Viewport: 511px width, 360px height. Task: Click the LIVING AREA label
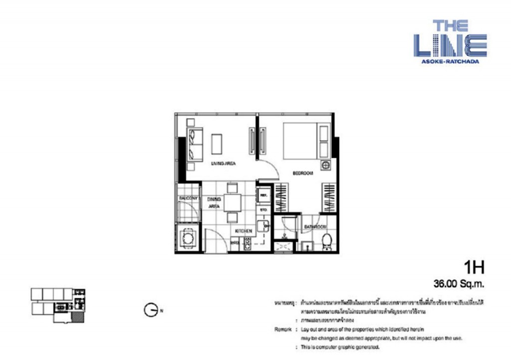pyautogui.click(x=223, y=163)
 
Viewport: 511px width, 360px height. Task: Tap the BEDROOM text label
pyautogui.click(x=302, y=173)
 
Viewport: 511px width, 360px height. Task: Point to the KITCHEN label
pyautogui.click(x=244, y=230)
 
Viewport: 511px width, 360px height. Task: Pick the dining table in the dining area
pyautogui.click(x=232, y=203)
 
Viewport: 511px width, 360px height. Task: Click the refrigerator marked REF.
pyautogui.click(x=264, y=195)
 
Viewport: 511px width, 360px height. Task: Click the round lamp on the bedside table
pyautogui.click(x=325, y=166)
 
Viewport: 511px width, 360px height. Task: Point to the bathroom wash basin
pyautogui.click(x=306, y=246)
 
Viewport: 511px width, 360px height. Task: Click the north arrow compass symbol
pyautogui.click(x=150, y=310)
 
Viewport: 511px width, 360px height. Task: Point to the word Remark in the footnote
pyautogui.click(x=282, y=330)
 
